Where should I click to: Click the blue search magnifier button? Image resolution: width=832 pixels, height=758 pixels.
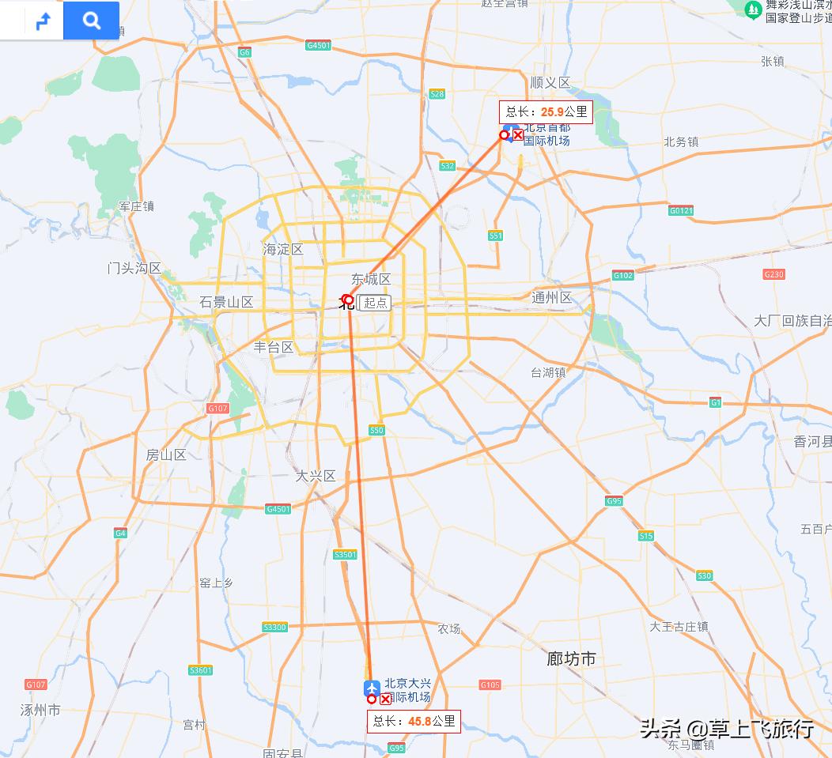92,21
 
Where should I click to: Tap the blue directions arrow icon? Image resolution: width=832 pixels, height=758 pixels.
43,21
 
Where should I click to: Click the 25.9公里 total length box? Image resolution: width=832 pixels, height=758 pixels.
546,112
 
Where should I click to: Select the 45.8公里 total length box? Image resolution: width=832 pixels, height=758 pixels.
414,721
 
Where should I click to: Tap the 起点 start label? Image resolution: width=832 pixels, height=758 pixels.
376,303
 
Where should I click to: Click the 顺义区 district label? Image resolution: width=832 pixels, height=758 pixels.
550,83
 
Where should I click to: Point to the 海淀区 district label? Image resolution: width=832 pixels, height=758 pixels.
283,250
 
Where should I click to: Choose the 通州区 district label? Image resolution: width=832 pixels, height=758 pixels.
552,297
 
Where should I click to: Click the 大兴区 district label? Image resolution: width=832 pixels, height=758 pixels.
316,476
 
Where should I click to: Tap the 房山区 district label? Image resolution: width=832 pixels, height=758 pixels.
166,454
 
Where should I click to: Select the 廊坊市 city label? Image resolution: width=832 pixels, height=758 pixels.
571,658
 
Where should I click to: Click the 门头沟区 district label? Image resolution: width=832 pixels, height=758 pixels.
134,268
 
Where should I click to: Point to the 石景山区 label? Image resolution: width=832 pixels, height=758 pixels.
226,302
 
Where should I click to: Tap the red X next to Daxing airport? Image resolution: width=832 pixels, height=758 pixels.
385,700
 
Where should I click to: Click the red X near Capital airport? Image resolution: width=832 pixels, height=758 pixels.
517,135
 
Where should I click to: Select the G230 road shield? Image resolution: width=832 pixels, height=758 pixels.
773,274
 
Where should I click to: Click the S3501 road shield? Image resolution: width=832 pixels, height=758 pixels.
346,555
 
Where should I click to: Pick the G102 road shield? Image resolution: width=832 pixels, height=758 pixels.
623,275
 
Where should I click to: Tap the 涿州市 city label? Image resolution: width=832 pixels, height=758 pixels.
40,710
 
